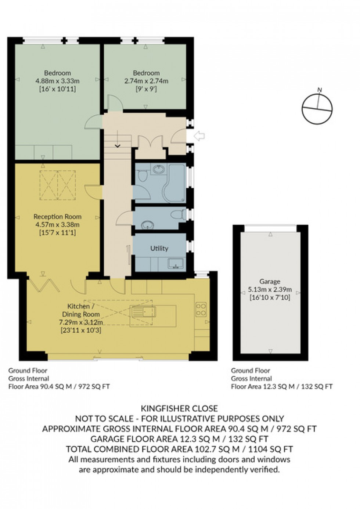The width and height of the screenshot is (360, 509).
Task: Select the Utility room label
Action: click(159, 249)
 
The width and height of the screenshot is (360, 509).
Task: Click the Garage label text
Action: click(270, 282)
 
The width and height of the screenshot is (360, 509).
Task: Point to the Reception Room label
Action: click(57, 217)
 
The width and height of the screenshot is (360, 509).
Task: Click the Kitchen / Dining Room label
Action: click(80, 310)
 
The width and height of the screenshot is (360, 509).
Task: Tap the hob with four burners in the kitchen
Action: click(201, 309)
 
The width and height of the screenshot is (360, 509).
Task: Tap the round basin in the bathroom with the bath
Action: click(159, 169)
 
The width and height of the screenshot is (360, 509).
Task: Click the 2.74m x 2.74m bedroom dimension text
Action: click(146, 81)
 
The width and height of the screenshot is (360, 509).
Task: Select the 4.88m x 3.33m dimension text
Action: click(57, 81)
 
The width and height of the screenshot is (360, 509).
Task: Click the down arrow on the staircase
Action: click(118, 145)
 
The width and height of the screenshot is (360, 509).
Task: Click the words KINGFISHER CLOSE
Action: click(179, 408)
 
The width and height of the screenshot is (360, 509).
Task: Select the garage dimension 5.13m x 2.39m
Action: click(270, 289)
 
